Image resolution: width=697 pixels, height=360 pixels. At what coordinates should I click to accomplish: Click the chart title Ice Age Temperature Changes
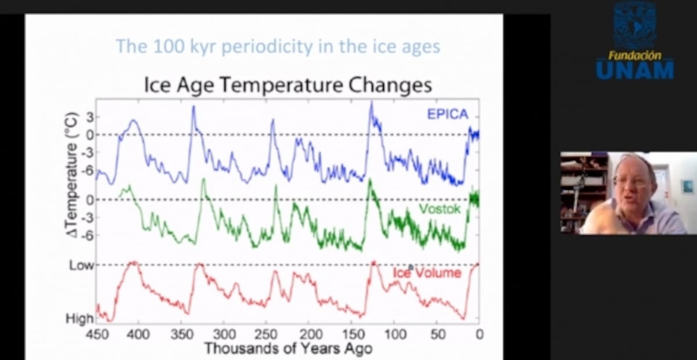point(288,85)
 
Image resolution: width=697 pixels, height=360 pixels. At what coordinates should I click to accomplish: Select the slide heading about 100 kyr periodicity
point(278,46)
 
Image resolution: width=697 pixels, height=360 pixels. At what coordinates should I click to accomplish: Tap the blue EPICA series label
point(447,114)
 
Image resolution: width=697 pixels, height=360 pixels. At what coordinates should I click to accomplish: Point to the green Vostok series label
point(439,209)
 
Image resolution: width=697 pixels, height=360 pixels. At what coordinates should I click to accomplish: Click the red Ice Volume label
point(427,272)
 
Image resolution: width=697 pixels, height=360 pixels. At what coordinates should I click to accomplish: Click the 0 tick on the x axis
point(479,334)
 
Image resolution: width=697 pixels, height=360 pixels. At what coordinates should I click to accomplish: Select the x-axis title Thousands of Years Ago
point(288,348)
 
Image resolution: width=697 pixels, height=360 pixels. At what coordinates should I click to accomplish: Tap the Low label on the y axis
point(81,265)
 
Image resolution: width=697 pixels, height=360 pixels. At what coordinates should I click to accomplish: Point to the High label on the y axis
point(80,319)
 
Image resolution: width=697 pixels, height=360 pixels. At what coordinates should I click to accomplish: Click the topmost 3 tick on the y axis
point(89,117)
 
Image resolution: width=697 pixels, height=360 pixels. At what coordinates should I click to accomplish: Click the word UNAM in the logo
point(635,70)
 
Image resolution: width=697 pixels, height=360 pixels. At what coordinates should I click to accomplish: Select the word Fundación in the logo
point(634,55)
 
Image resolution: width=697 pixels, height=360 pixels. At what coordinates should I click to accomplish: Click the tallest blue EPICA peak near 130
point(371,103)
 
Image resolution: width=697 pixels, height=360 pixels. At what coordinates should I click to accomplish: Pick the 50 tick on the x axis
point(438,334)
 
